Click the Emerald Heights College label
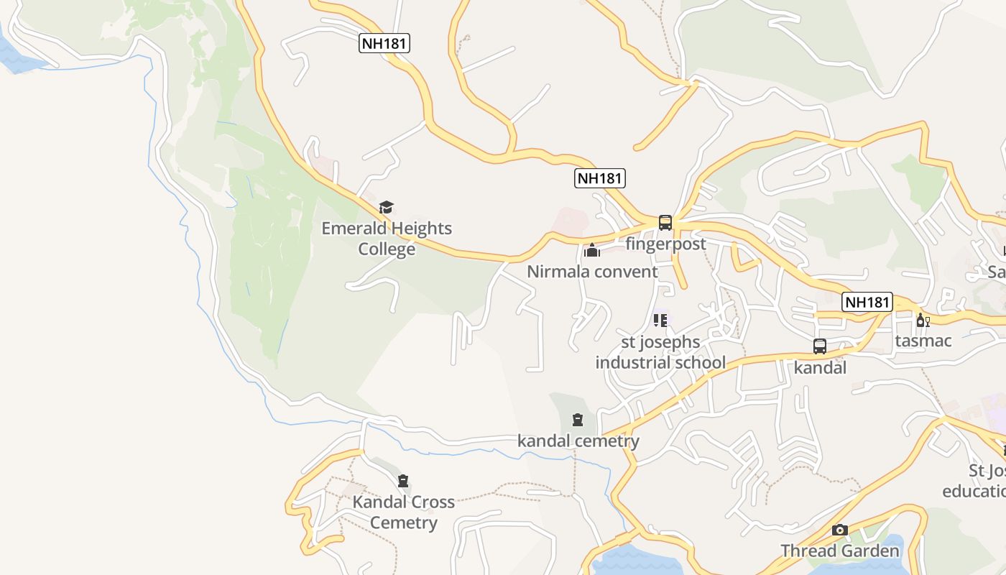[x=387, y=239]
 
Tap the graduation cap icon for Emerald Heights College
[x=387, y=208]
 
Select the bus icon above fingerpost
[x=665, y=223]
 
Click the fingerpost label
[x=665, y=244]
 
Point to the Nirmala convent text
[x=592, y=272]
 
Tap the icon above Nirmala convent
[x=592, y=250]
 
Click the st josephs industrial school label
[x=660, y=352]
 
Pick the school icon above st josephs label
[x=660, y=320]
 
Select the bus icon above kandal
[x=820, y=346]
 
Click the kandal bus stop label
[x=820, y=368]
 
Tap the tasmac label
[x=923, y=341]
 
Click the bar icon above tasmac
[x=923, y=320]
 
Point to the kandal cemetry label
[x=578, y=441]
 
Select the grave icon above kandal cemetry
[x=578, y=420]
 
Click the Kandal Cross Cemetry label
[x=403, y=512]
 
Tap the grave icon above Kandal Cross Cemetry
[x=403, y=481]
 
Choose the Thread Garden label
[x=840, y=551]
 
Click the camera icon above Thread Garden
[x=840, y=530]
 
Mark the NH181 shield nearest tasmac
[x=867, y=303]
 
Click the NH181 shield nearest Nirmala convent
[x=600, y=178]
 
